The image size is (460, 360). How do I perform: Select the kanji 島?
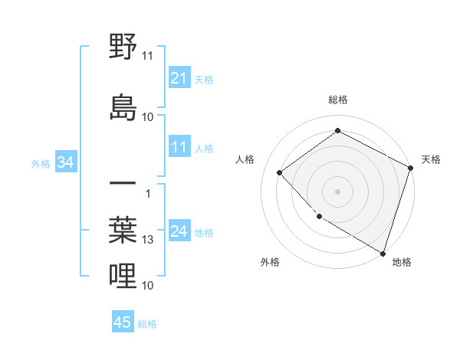pyautogui.click(x=123, y=107)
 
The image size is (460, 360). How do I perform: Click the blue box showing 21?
pyautogui.click(x=179, y=78)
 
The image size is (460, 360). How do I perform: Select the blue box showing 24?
pyautogui.click(x=179, y=231)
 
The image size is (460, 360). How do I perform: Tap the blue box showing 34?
pyautogui.click(x=65, y=162)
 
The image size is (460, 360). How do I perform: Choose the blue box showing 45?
pyautogui.click(x=123, y=322)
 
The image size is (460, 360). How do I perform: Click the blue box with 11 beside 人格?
pyautogui.click(x=179, y=147)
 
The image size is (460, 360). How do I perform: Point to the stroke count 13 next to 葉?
pyautogui.click(x=148, y=240)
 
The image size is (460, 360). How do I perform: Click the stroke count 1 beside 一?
pyautogui.click(x=148, y=193)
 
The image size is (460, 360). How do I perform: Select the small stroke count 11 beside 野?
pyautogui.click(x=148, y=55)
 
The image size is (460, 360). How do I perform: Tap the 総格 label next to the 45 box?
pyautogui.click(x=147, y=324)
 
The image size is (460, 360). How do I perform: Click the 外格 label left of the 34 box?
pyautogui.click(x=41, y=163)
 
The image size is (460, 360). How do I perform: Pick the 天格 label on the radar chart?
pyautogui.click(x=431, y=159)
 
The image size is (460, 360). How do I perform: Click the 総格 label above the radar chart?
pyautogui.click(x=337, y=100)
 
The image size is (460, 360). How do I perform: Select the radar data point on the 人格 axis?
pyautogui.click(x=280, y=172)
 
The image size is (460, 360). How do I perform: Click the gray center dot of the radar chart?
pyautogui.click(x=337, y=191)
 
